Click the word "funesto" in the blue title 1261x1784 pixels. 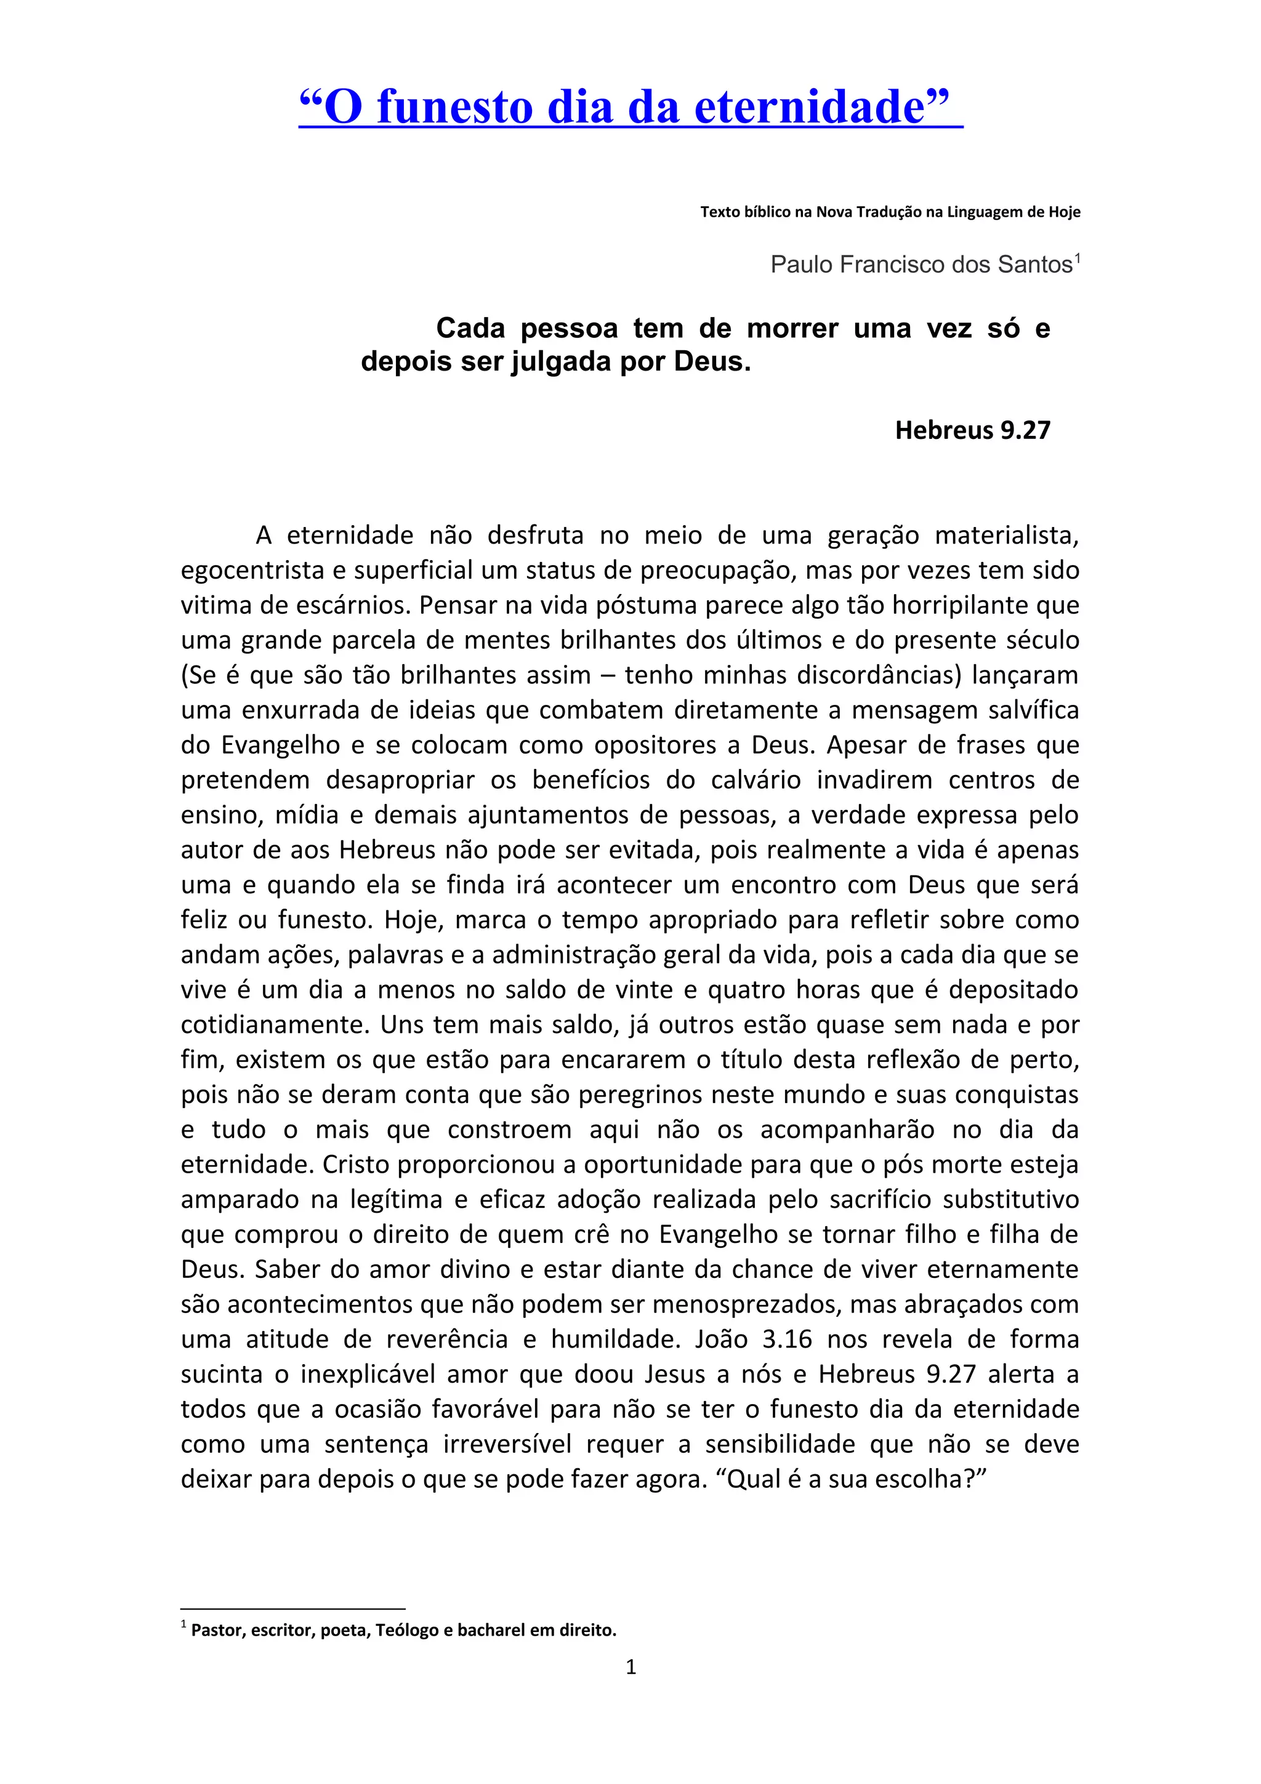[x=454, y=107]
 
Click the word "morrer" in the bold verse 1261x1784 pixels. [x=792, y=329]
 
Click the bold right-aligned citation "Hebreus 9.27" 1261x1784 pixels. [x=972, y=430]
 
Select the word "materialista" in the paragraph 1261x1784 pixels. [x=1006, y=536]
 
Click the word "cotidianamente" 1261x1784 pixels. [x=273, y=1025]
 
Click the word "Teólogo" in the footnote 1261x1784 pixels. [x=406, y=1630]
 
